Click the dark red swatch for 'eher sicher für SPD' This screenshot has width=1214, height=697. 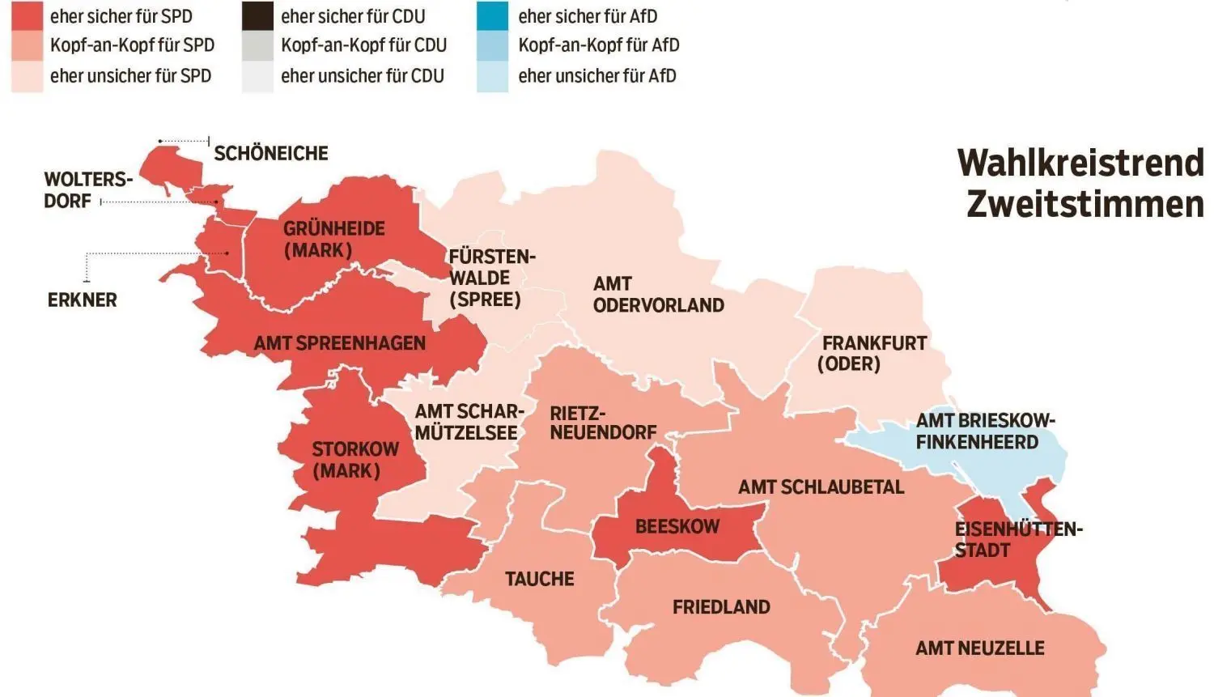pyautogui.click(x=27, y=16)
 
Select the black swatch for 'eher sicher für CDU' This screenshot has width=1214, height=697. pyautogui.click(x=257, y=16)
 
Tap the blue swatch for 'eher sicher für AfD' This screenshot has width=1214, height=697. pyautogui.click(x=492, y=16)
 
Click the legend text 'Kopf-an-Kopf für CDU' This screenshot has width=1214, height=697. pyautogui.click(x=363, y=45)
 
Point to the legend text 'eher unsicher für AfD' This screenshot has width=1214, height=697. pyautogui.click(x=596, y=76)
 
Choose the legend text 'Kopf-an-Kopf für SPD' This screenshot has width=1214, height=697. pyautogui.click(x=132, y=45)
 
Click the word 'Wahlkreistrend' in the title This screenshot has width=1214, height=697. pyautogui.click(x=1080, y=163)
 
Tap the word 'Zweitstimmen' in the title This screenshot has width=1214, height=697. pyautogui.click(x=1085, y=203)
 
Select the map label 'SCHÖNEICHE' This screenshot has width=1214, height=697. pyautogui.click(x=270, y=153)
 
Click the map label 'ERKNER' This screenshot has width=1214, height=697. pyautogui.click(x=82, y=300)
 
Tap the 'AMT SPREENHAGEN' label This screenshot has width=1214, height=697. pyautogui.click(x=339, y=343)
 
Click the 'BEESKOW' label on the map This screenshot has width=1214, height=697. pyautogui.click(x=677, y=526)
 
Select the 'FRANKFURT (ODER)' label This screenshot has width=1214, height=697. pyautogui.click(x=872, y=353)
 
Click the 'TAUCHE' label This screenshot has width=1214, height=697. pyautogui.click(x=539, y=579)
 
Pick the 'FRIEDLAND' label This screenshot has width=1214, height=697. pyautogui.click(x=720, y=606)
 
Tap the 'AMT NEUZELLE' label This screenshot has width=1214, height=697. pyautogui.click(x=979, y=648)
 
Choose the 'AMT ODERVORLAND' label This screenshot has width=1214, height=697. pyautogui.click(x=657, y=295)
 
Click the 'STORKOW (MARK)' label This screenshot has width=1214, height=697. pyautogui.click(x=354, y=460)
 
